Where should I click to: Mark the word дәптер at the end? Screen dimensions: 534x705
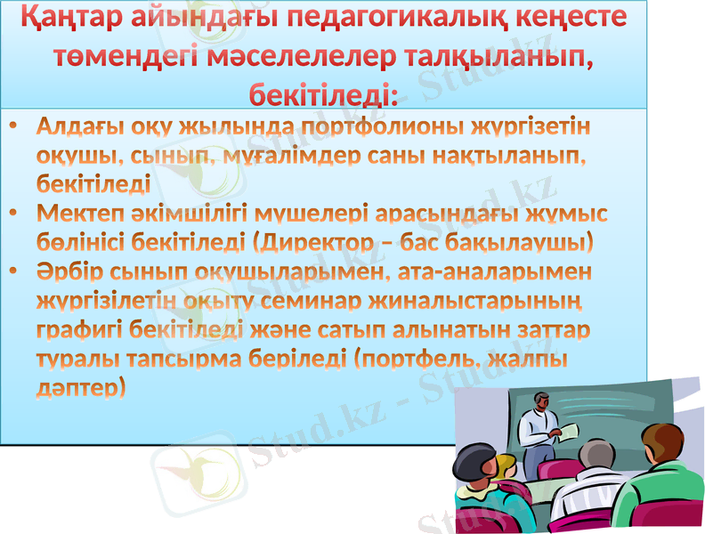(x=81, y=387)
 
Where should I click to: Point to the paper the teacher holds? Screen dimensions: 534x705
(x=567, y=431)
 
